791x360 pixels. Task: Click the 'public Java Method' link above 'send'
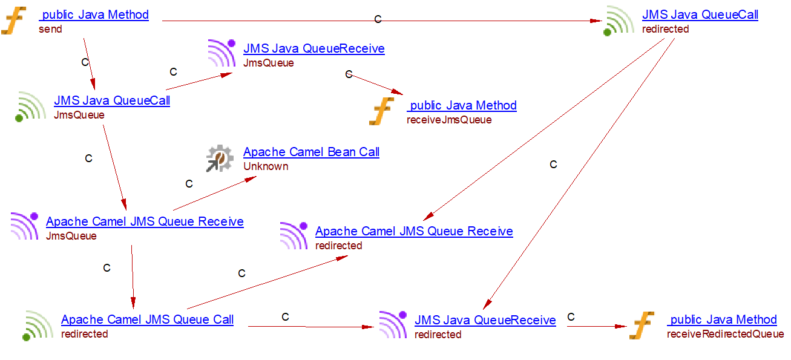pos(94,15)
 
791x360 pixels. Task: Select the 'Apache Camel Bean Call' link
pos(311,152)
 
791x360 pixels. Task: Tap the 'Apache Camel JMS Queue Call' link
pos(147,319)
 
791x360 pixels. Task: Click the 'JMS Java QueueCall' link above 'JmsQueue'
pos(112,100)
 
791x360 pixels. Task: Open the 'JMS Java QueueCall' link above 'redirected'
pos(700,15)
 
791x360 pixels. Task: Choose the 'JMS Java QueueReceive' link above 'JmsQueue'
pos(313,48)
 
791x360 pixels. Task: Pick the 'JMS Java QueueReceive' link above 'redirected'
pos(485,320)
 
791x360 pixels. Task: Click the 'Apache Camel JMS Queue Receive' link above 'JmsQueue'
pos(145,221)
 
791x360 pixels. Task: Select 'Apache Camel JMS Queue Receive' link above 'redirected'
pos(414,231)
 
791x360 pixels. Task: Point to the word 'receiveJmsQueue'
pos(449,120)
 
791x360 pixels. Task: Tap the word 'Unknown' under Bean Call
pos(266,166)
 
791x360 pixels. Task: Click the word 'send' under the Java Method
pos(50,29)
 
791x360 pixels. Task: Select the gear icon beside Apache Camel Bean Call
pos(219,159)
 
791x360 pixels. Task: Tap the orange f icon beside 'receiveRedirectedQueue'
pos(642,326)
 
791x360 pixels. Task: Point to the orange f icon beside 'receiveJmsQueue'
pos(382,112)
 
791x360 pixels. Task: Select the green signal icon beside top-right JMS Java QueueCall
pos(619,21)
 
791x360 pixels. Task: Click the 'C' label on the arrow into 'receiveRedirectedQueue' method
pos(571,317)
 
